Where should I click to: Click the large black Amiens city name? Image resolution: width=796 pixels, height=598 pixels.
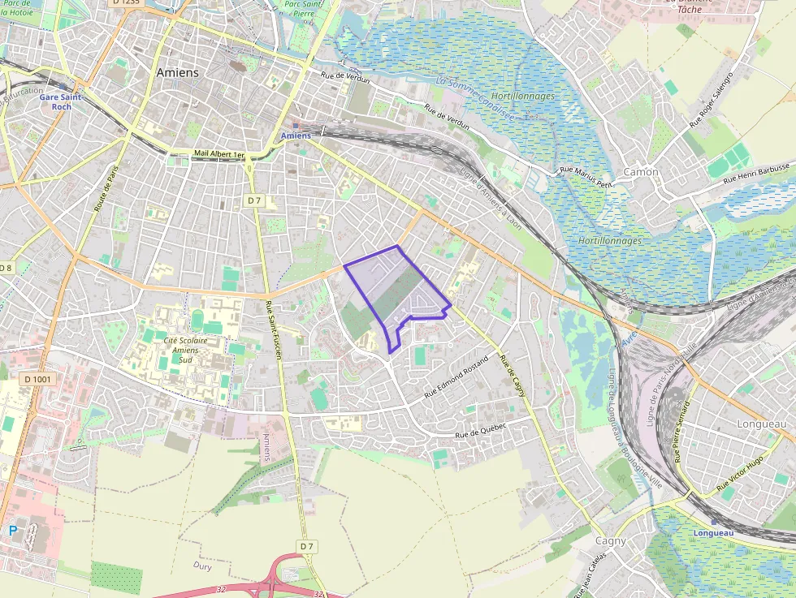click(177, 72)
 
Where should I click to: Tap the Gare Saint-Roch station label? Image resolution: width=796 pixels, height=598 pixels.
click(61, 101)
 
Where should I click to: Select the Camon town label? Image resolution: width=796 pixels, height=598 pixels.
click(641, 172)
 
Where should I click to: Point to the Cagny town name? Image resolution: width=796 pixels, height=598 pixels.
click(611, 541)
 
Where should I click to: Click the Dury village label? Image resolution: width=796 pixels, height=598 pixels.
click(202, 566)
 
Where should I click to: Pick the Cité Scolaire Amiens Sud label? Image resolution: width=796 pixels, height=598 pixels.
click(185, 351)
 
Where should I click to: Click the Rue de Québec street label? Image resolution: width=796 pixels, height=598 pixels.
click(480, 430)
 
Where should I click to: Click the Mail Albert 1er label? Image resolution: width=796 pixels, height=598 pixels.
click(219, 153)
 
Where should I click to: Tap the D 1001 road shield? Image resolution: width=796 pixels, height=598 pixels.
click(37, 379)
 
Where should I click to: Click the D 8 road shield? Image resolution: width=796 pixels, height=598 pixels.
click(6, 268)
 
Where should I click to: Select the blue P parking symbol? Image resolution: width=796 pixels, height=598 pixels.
click(12, 530)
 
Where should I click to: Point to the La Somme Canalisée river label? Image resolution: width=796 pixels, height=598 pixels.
click(476, 100)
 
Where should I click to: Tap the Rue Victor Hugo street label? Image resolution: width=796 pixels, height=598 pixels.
click(740, 475)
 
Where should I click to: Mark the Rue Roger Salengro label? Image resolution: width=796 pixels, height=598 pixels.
click(711, 100)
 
